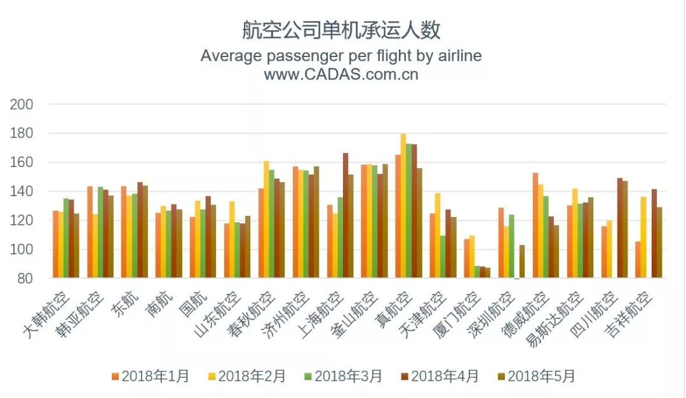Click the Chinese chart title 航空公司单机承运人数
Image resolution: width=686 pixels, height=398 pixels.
click(341, 30)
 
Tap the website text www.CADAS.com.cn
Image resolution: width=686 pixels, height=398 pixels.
click(341, 74)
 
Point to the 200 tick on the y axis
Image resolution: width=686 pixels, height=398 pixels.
click(22, 105)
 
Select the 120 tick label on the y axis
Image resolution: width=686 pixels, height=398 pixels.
click(22, 220)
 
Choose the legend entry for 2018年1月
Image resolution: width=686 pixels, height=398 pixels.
click(151, 376)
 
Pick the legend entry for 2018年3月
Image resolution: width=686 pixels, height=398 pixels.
click(344, 376)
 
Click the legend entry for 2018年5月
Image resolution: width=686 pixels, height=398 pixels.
click(537, 376)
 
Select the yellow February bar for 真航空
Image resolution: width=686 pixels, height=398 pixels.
click(403, 206)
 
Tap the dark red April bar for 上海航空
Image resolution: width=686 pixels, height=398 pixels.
click(346, 215)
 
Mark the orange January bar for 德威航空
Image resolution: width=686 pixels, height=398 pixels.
click(535, 225)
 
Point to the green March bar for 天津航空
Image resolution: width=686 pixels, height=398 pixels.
click(443, 256)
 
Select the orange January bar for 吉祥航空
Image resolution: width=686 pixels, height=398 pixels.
click(638, 260)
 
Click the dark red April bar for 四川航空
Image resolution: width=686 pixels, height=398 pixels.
click(620, 228)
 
